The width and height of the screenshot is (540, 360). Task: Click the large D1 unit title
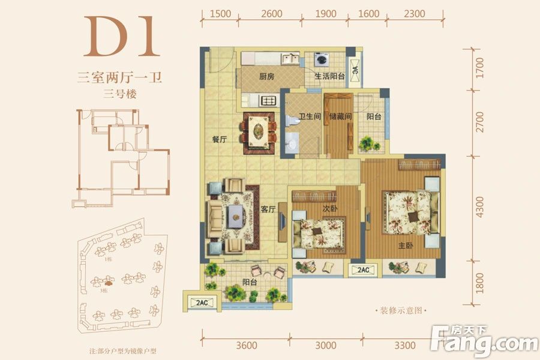tap(122, 37)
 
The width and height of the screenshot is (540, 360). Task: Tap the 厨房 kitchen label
tap(267, 77)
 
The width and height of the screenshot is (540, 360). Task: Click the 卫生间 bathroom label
tap(310, 117)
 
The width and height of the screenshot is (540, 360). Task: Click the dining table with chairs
tap(259, 131)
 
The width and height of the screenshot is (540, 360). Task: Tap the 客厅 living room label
tap(268, 209)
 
